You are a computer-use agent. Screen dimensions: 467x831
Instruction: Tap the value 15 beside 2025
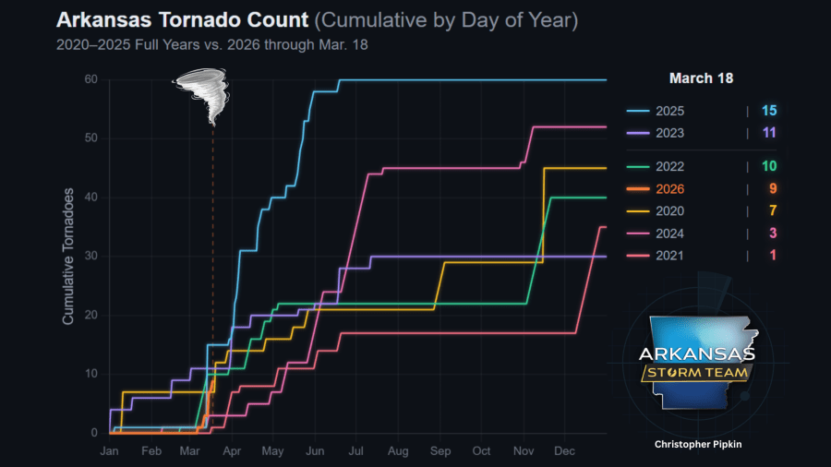[768, 111]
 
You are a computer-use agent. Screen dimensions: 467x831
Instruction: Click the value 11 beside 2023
[768, 133]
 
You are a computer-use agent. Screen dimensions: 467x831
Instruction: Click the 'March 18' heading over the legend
[701, 78]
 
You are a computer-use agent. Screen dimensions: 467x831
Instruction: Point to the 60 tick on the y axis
[90, 79]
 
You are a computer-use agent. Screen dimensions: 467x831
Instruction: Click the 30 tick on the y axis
[90, 256]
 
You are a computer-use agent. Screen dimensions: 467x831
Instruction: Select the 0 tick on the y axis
[93, 433]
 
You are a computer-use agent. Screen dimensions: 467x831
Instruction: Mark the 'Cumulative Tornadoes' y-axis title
[68, 256]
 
